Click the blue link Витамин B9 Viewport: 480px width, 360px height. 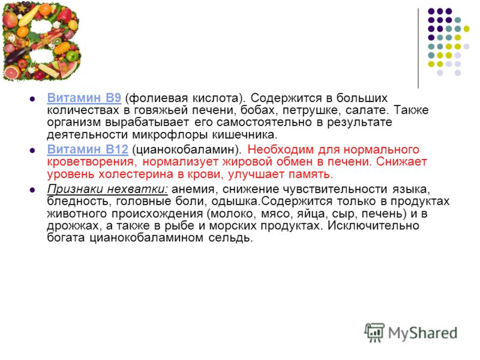84,98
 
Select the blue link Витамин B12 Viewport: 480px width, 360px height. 88,149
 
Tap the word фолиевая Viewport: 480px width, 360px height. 157,98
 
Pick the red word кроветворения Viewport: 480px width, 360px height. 92,162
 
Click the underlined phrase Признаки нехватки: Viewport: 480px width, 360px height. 107,189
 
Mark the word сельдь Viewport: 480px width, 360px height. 230,238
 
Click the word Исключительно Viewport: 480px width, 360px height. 373,226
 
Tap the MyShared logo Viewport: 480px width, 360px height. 411,333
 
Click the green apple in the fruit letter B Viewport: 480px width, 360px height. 72,56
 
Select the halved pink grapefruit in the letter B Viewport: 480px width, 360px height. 11,73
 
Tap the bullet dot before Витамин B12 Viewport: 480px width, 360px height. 32,151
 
